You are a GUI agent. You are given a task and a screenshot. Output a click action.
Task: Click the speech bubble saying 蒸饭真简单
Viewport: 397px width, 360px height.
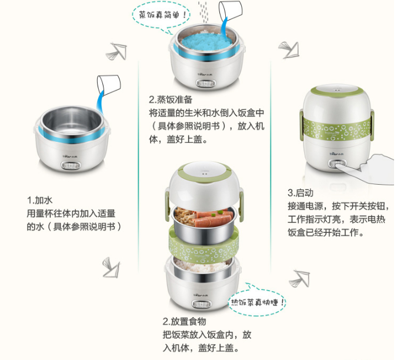tap(161, 16)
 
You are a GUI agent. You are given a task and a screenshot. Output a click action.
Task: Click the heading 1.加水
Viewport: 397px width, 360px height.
tap(40, 200)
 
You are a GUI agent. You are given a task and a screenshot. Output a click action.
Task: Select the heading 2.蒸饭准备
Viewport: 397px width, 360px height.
tap(171, 99)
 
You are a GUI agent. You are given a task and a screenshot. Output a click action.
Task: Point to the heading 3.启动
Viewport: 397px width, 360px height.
tap(301, 193)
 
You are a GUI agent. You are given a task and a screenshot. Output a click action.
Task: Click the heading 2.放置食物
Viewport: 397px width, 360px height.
tap(184, 322)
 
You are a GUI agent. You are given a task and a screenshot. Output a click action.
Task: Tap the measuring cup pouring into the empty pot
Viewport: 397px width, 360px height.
tap(109, 85)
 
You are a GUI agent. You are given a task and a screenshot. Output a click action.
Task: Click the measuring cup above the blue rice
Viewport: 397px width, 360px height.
tap(230, 11)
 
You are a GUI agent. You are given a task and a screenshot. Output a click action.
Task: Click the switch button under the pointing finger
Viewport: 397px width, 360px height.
tap(336, 164)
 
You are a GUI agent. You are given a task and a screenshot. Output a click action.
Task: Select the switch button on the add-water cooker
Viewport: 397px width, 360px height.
tap(71, 165)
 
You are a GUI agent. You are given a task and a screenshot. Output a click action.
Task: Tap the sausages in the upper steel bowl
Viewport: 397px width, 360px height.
tap(212, 218)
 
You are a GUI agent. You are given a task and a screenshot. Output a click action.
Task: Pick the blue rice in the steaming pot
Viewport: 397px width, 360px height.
tap(206, 41)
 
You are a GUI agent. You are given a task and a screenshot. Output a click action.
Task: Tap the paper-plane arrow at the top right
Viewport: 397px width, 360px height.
tap(289, 49)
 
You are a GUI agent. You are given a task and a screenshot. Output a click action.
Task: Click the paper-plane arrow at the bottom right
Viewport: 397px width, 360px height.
tap(300, 278)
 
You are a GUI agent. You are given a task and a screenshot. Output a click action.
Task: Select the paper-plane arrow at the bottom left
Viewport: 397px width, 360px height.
tap(111, 267)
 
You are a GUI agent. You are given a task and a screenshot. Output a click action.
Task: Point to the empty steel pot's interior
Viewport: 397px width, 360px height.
tap(72, 122)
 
